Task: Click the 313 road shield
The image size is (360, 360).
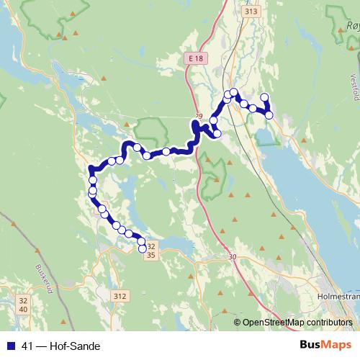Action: (230, 12)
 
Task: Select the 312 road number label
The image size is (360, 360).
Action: (120, 296)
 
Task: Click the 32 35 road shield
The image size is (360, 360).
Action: (150, 250)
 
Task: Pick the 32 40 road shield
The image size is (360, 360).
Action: (24, 305)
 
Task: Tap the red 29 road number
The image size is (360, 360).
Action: (199, 115)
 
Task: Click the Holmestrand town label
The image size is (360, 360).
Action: (337, 295)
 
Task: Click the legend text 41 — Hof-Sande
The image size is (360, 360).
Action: (61, 346)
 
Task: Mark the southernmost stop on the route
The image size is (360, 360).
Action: (142, 249)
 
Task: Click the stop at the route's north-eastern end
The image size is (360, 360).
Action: (264, 97)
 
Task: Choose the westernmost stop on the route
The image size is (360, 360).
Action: (91, 193)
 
